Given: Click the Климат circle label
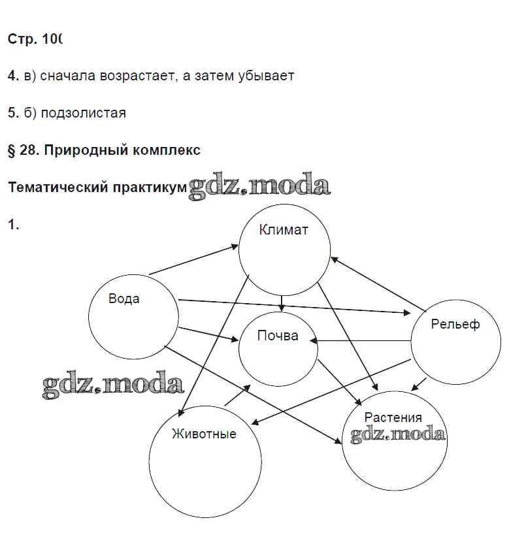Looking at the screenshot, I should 283,230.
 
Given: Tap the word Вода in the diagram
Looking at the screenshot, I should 123,299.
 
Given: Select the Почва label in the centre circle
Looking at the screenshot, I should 278,336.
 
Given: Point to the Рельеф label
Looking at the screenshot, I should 455,324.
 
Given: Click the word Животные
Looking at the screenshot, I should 204,434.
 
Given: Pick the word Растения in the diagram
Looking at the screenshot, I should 393,417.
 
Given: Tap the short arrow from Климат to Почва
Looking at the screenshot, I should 281,303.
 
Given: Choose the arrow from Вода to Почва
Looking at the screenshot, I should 206,333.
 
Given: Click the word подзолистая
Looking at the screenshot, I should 83,113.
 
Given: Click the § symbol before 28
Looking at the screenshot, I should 11,150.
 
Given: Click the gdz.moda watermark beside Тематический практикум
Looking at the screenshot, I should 259,187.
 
